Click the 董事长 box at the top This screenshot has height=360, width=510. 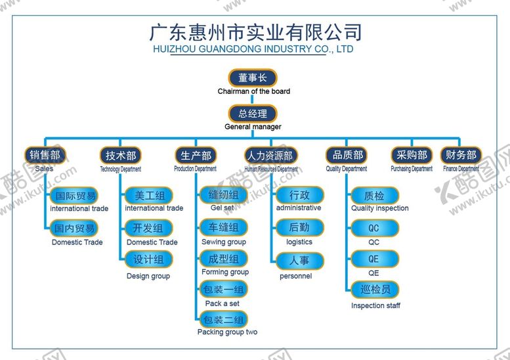(x=253, y=78)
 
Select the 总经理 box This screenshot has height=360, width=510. (x=253, y=113)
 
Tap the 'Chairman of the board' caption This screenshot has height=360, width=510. (x=253, y=91)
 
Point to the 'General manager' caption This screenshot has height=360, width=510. (x=253, y=127)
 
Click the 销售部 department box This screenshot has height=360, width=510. (x=45, y=155)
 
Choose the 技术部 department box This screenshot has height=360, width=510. (x=121, y=156)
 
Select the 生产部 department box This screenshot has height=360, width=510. (x=196, y=156)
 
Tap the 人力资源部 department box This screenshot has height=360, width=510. (x=270, y=156)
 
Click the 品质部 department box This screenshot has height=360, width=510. (x=347, y=155)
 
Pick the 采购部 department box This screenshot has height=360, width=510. (x=412, y=155)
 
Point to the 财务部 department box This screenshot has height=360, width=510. (x=461, y=155)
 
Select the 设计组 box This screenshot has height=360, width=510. (x=148, y=259)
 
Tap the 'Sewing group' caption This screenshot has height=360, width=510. (x=224, y=242)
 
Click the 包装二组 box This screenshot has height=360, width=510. (x=224, y=320)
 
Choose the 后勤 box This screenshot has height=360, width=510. (x=299, y=228)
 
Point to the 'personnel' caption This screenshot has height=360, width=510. (x=296, y=276)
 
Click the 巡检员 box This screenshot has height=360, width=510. (x=374, y=290)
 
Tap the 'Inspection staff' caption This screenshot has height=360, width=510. (x=375, y=305)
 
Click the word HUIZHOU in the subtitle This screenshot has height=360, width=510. (x=175, y=49)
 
